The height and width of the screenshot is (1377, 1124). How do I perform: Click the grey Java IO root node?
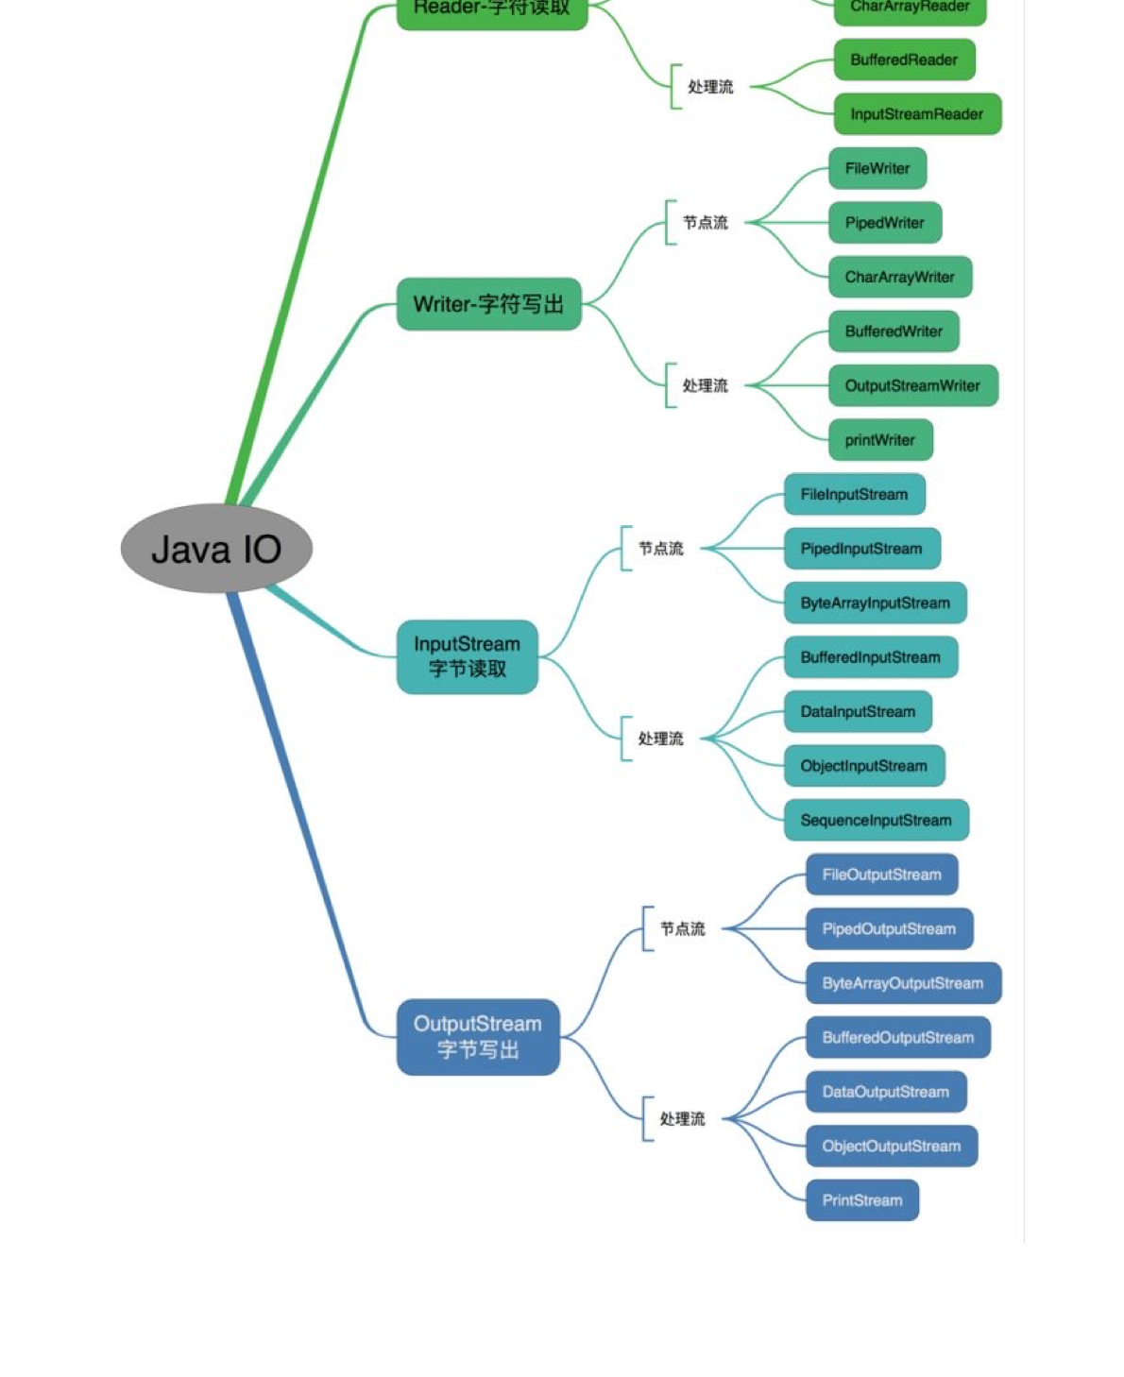pyautogui.click(x=216, y=549)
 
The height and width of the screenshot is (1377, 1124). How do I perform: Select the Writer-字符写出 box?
pyautogui.click(x=488, y=304)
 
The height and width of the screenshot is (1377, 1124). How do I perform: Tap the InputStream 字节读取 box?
pyautogui.click(x=468, y=656)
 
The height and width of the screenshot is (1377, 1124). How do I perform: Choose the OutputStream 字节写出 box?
pyautogui.click(x=478, y=1037)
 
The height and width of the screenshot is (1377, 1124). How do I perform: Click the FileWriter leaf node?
pyautogui.click(x=877, y=168)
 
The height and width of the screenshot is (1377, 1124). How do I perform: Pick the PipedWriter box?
pyautogui.click(x=885, y=223)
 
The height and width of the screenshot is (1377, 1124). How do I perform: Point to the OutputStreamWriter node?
pyautogui.click(x=912, y=385)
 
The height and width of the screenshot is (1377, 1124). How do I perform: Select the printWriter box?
pyautogui.click(x=880, y=440)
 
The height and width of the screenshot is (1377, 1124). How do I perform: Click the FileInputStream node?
pyautogui.click(x=854, y=494)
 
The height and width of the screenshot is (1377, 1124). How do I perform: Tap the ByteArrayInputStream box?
pyautogui.click(x=875, y=603)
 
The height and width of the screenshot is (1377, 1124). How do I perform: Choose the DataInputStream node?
pyautogui.click(x=858, y=711)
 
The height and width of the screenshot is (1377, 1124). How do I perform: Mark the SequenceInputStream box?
pyautogui.click(x=876, y=820)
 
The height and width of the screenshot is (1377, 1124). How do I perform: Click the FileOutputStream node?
pyautogui.click(x=881, y=875)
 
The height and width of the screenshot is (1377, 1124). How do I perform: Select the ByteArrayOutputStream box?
pyautogui.click(x=903, y=983)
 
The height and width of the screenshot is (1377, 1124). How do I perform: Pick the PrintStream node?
pyautogui.click(x=862, y=1200)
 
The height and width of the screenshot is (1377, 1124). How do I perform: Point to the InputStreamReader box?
pyautogui.click(x=917, y=114)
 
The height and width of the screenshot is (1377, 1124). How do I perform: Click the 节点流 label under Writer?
pyautogui.click(x=706, y=223)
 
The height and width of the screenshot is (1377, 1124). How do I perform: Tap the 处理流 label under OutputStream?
pyautogui.click(x=682, y=1119)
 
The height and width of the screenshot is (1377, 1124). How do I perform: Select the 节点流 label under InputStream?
pyautogui.click(x=660, y=549)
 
